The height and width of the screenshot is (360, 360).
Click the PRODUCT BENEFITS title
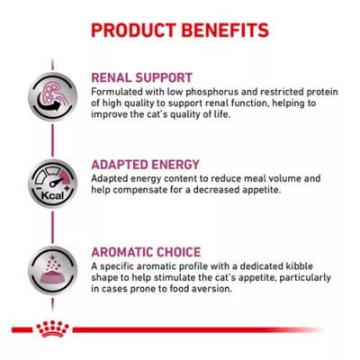(179, 30)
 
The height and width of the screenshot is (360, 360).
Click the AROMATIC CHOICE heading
(147, 252)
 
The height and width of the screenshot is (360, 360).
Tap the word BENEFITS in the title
(225, 30)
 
